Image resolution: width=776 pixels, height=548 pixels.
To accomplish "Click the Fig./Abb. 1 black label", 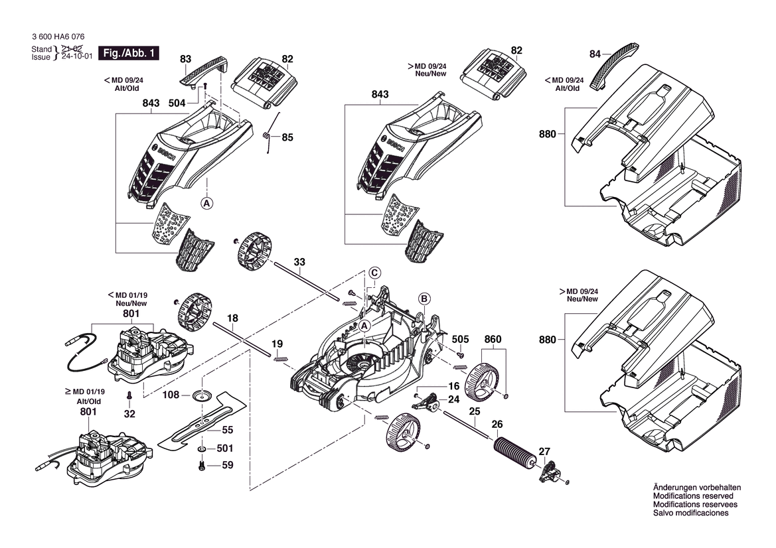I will point(129,53).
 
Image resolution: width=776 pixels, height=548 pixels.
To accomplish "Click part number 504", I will point(177,103).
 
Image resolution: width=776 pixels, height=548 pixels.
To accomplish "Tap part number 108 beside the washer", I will point(171,395).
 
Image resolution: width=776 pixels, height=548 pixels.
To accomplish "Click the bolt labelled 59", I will point(200,466).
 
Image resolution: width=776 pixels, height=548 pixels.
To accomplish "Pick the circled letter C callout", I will point(374,272).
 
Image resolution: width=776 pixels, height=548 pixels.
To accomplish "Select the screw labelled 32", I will point(129,397).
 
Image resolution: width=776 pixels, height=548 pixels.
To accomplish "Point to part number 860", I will point(493,340).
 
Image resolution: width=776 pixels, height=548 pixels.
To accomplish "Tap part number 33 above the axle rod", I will point(299,262).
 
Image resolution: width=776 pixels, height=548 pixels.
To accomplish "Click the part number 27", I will point(544,452).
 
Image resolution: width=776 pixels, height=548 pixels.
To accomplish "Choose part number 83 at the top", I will point(186,59).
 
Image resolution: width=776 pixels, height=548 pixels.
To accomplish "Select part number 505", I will point(461,340).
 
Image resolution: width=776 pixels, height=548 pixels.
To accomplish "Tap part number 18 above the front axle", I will point(233,318).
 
